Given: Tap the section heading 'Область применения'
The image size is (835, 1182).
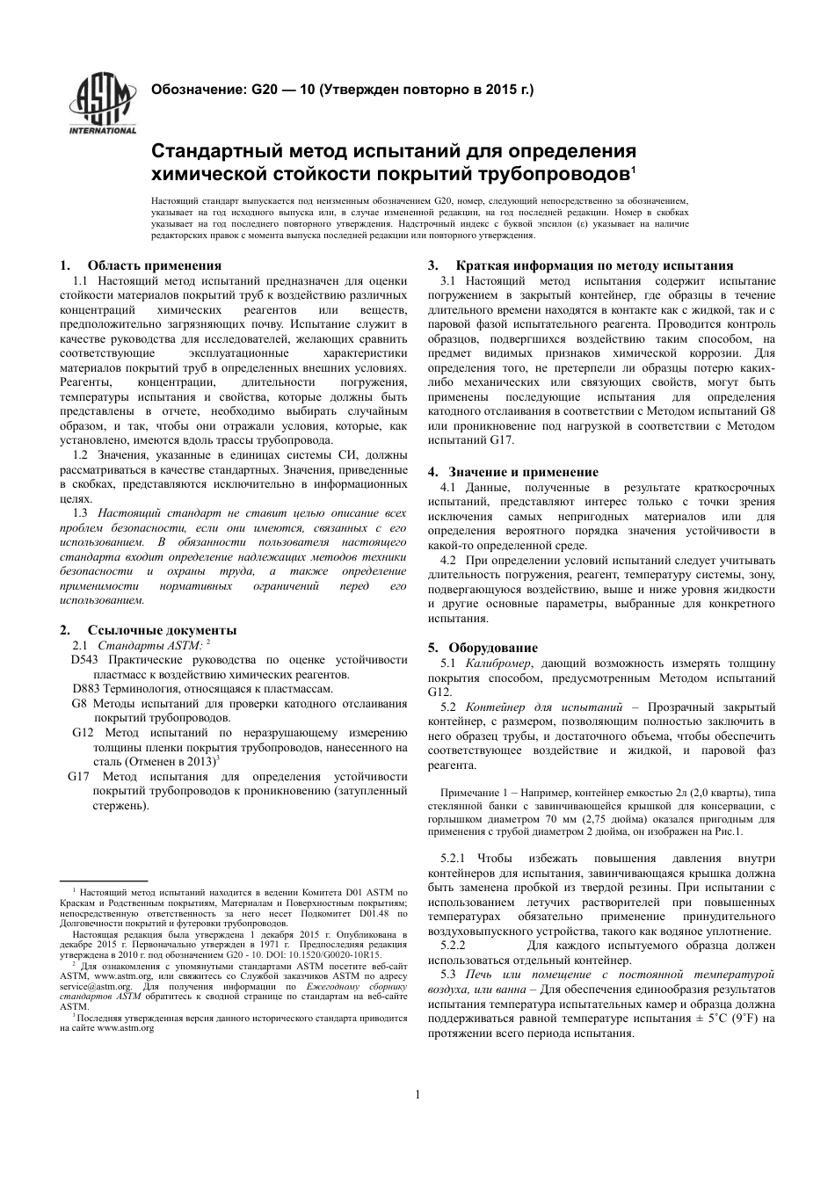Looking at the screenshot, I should (154, 265).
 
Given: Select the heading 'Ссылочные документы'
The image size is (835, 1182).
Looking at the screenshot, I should (162, 630).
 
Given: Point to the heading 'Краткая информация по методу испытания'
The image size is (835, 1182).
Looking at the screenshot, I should (594, 265).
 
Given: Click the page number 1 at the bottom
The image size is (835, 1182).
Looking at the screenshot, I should (417, 1094).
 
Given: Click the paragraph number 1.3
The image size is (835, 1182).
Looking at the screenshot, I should (80, 511).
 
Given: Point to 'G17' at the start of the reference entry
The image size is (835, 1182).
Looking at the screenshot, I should (79, 777).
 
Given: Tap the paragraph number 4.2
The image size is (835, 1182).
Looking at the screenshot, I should (447, 560).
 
